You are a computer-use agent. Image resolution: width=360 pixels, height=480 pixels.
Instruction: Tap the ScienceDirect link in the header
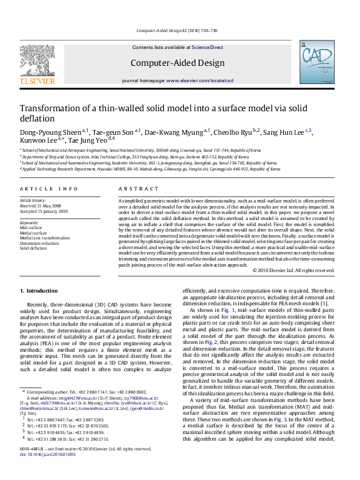click(x=208, y=47)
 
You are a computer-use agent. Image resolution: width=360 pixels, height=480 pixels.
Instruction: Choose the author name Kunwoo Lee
click(x=36, y=140)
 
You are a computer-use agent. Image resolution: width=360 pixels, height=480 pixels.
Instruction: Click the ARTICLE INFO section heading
click(x=49, y=189)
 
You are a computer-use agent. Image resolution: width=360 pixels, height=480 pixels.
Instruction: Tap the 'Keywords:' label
click(x=30, y=222)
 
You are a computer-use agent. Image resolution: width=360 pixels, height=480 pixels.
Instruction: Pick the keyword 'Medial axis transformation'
click(x=45, y=238)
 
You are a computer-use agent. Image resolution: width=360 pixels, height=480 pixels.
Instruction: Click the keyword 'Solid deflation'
click(x=33, y=248)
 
